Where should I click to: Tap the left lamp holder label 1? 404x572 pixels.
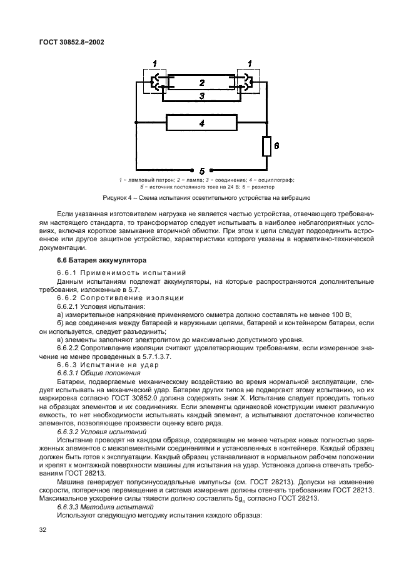point(155,63)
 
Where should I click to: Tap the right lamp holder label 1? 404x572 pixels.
point(250,63)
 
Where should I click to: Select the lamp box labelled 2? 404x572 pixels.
point(201,82)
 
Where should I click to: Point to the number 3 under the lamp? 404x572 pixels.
point(201,96)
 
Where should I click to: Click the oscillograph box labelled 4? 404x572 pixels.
point(201,123)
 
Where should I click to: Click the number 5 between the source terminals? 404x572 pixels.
point(201,170)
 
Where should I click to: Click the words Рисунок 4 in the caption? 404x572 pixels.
point(116,198)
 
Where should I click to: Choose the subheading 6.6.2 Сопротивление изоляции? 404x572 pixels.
point(111,297)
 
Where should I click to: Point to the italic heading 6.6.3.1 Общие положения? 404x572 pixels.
point(95,373)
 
